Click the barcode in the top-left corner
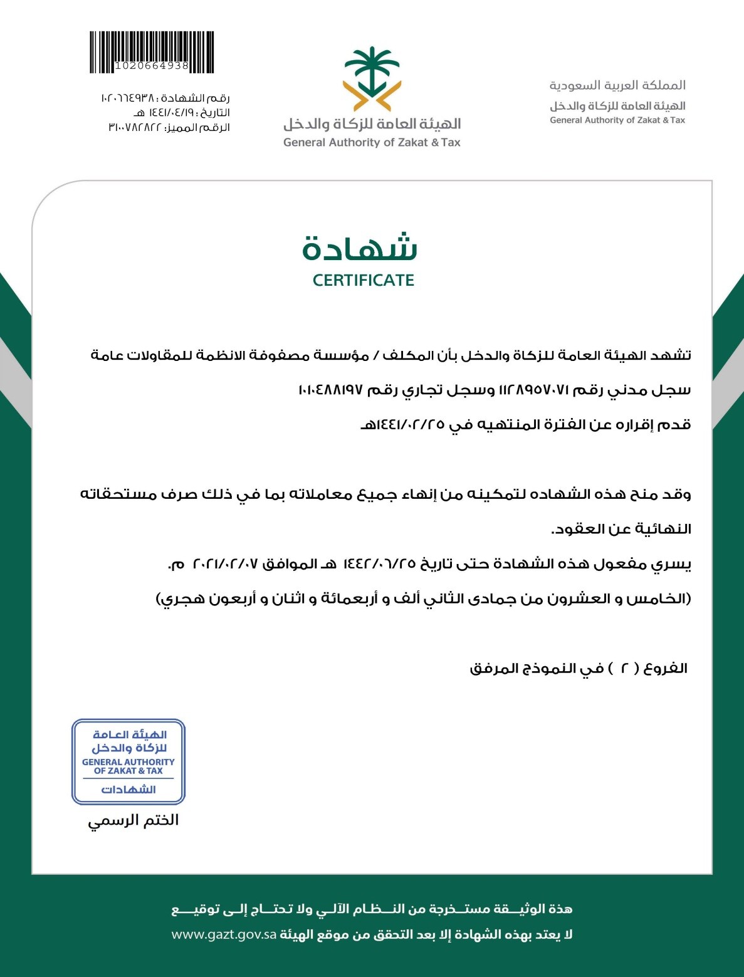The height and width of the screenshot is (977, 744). coord(151,48)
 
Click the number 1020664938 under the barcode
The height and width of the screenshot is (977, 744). coord(152,66)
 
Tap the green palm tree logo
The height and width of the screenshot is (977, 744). coord(372,78)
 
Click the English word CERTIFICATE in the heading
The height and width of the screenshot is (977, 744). coord(364,280)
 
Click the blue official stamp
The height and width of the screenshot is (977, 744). coord(128,761)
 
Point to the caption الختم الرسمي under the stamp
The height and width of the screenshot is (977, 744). coord(133,820)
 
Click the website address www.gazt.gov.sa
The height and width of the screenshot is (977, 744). coord(224,934)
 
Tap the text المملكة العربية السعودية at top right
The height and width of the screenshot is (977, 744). coord(617,85)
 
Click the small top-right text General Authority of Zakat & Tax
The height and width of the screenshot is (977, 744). coord(617,120)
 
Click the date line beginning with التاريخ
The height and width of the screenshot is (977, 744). coord(181,113)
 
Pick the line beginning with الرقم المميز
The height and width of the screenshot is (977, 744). coord(169,128)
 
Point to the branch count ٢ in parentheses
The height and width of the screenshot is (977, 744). coord(624,669)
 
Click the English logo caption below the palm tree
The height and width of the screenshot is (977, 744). coord(372,142)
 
